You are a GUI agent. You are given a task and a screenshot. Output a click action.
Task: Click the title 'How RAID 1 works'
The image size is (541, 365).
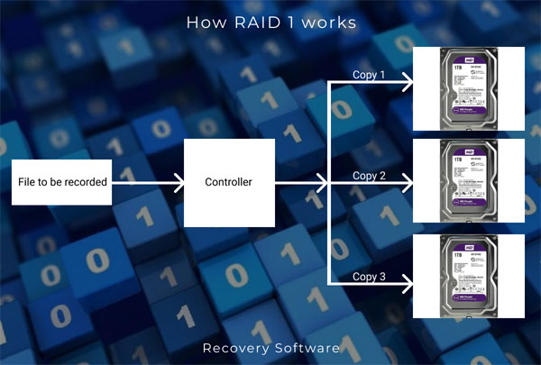[x=270, y=23]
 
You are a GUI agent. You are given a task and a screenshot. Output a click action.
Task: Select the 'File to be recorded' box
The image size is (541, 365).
[x=63, y=182]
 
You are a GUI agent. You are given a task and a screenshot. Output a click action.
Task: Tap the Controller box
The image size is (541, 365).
[x=229, y=182]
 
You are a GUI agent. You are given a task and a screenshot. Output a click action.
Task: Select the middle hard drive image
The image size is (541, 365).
[x=467, y=183]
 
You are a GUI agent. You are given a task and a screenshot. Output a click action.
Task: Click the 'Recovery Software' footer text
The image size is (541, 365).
[x=270, y=347]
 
